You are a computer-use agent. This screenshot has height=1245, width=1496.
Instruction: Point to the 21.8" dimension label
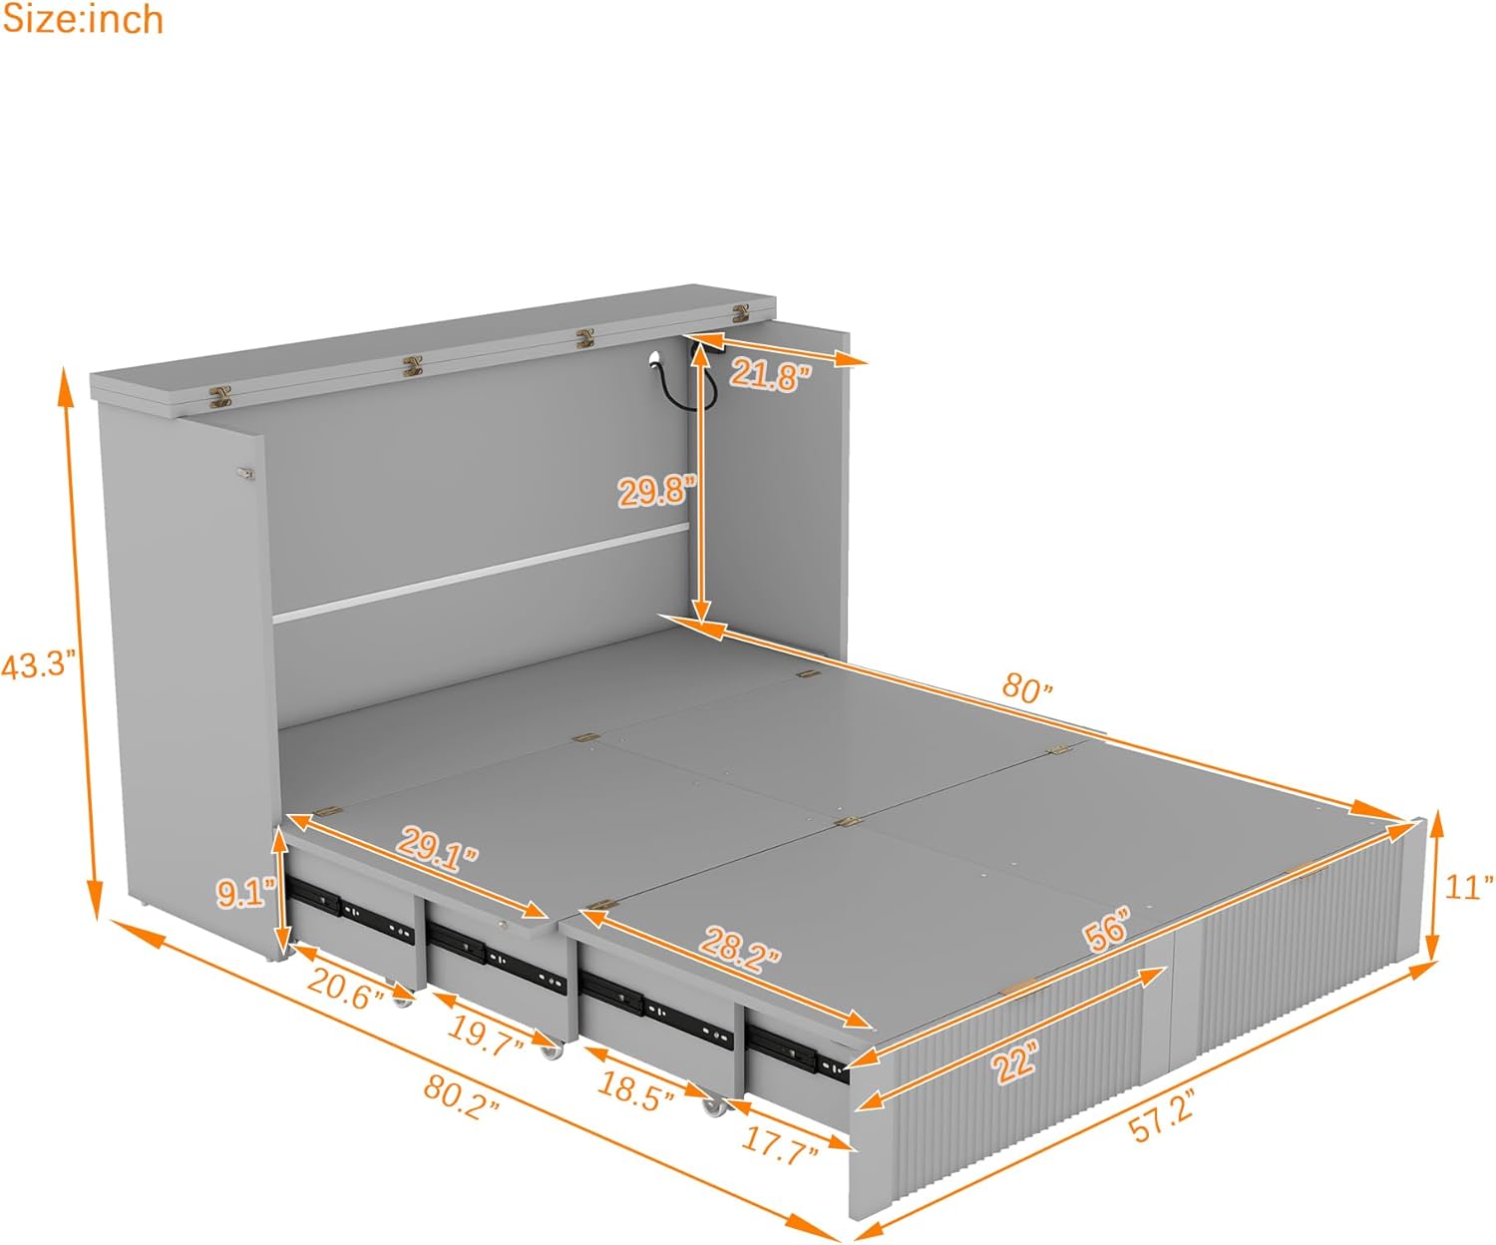click(770, 375)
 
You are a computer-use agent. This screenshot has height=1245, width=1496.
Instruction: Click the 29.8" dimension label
click(653, 490)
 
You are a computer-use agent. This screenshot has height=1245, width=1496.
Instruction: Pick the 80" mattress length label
click(1027, 687)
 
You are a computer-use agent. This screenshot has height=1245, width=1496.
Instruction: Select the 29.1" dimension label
click(438, 849)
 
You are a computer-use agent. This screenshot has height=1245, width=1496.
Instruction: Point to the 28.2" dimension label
click(739, 946)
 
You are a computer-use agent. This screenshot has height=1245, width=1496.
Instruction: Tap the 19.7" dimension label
click(485, 1032)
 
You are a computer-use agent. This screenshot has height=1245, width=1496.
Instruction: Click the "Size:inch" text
click(82, 19)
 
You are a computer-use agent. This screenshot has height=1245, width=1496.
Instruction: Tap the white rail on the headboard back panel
click(479, 574)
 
